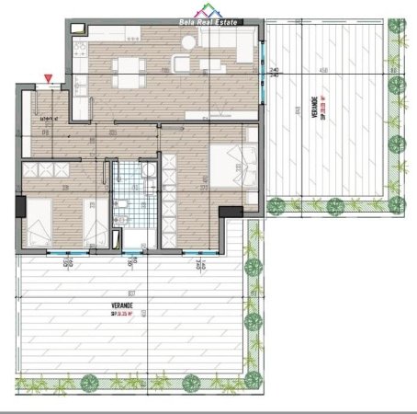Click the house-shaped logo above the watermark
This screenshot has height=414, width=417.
[208, 7]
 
